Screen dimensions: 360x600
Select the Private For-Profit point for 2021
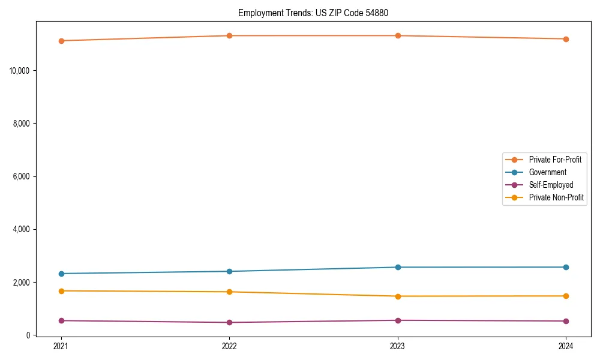click(x=61, y=41)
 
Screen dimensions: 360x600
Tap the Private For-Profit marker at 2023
click(x=398, y=35)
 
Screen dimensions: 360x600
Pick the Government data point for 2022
click(x=229, y=271)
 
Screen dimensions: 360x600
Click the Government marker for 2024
click(x=566, y=267)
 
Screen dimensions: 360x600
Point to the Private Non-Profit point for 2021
click(x=61, y=291)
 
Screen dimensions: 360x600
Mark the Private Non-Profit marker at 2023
click(x=398, y=296)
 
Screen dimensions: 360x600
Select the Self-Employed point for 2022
click(x=229, y=322)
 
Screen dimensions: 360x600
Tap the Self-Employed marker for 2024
click(x=566, y=321)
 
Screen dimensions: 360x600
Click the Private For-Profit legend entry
click(x=555, y=160)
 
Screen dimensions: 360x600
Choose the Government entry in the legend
click(x=547, y=172)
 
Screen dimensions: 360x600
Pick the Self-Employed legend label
click(x=551, y=185)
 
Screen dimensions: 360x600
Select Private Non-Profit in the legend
click(x=556, y=197)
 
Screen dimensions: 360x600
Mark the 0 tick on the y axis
click(x=28, y=335)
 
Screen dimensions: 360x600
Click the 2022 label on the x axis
click(x=229, y=346)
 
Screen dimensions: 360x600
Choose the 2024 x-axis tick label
click(x=566, y=346)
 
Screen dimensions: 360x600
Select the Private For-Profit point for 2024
click(x=566, y=39)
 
